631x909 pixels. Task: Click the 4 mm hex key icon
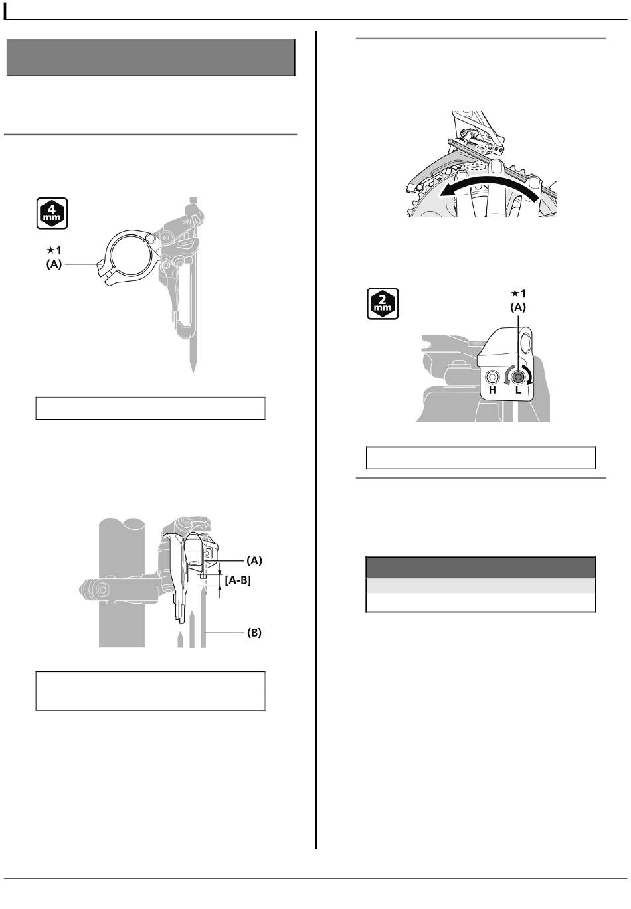(x=52, y=213)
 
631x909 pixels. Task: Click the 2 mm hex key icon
(x=383, y=303)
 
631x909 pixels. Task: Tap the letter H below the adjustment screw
(x=492, y=390)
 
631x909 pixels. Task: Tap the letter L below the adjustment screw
(x=519, y=390)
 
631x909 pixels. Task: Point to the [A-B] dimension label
(x=237, y=580)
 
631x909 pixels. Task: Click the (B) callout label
(x=254, y=633)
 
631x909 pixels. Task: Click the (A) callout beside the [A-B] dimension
(x=254, y=560)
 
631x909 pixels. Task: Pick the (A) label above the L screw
(x=517, y=307)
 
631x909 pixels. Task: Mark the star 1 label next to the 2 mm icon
(x=517, y=293)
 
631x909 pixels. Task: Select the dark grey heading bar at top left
(x=151, y=58)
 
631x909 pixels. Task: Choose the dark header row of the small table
(x=480, y=568)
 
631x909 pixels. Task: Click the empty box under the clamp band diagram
(x=150, y=408)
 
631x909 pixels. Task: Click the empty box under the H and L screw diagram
(x=480, y=457)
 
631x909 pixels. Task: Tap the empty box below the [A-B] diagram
(x=150, y=691)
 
